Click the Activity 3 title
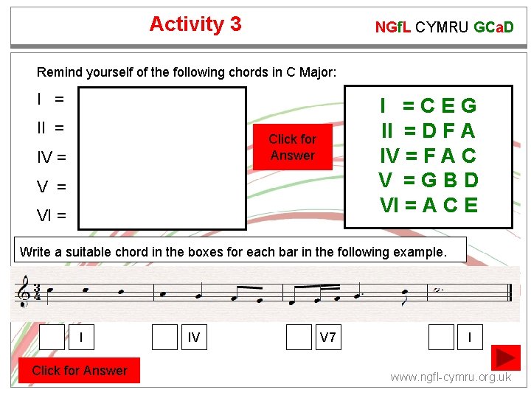point(195,24)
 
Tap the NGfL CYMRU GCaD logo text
point(444,28)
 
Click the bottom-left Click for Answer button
point(80,371)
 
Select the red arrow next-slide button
point(507,357)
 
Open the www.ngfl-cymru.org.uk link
point(451,377)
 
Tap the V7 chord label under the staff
point(328,338)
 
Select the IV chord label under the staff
point(194,338)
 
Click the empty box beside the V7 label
point(299,337)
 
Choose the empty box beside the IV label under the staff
point(164,337)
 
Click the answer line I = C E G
point(428,106)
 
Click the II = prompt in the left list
point(50,128)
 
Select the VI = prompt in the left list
point(52,216)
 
